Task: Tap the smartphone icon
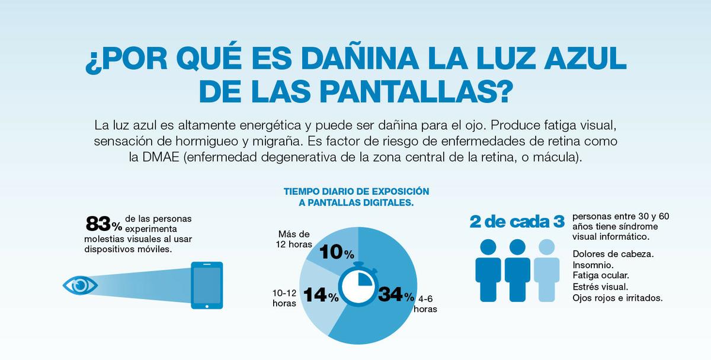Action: [207, 285]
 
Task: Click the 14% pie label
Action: [320, 295]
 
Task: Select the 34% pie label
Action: [396, 294]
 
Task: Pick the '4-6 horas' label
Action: [425, 303]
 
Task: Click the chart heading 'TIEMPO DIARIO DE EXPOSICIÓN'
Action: [356, 192]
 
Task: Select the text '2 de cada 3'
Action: [517, 222]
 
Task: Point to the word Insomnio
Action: [593, 265]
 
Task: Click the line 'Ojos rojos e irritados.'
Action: [617, 298]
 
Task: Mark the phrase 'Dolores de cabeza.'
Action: [613, 253]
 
